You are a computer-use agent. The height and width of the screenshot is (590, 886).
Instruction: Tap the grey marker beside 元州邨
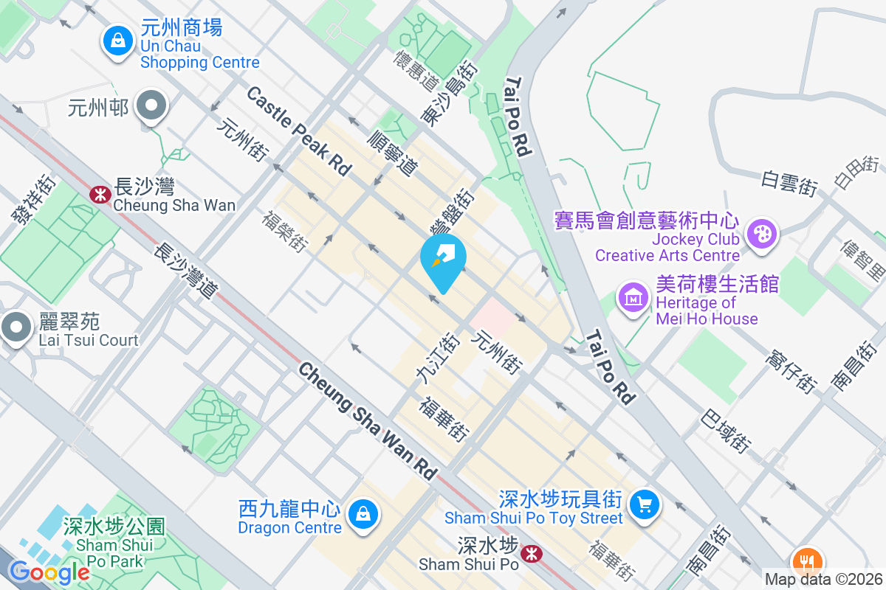pos(153,106)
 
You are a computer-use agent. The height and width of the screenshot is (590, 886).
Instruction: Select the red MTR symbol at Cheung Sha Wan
pos(98,194)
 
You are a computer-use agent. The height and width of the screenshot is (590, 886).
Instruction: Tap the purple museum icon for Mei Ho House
pos(633,299)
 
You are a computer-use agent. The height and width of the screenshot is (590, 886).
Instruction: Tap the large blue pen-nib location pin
pos(443,260)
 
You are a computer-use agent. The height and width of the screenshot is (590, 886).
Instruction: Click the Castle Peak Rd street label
pos(298,131)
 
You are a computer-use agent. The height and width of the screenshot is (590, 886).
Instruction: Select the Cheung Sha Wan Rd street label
pos(368,421)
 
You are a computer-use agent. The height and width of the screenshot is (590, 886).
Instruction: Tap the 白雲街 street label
pos(789,184)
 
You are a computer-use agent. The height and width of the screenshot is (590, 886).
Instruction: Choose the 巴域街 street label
pos(726,431)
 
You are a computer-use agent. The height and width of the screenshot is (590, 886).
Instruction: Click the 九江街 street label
pos(438,358)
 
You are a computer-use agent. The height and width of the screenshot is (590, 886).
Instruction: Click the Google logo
pos(49,572)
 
